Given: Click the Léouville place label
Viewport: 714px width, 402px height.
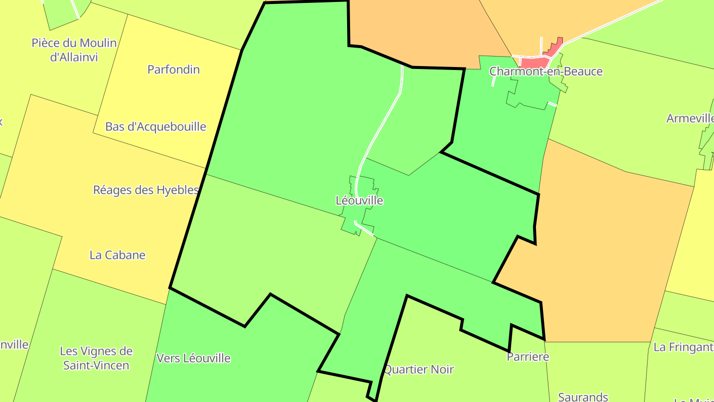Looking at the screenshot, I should pyautogui.click(x=359, y=201).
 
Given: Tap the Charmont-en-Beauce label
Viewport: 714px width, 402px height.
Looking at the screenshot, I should pyautogui.click(x=546, y=71).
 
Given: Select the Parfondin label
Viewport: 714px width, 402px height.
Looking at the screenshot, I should pyautogui.click(x=174, y=69).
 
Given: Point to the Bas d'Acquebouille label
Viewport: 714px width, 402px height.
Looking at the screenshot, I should pyautogui.click(x=156, y=127).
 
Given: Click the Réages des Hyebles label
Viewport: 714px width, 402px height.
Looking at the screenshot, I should pyautogui.click(x=146, y=190).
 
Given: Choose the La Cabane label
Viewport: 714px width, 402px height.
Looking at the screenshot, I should pyautogui.click(x=118, y=255).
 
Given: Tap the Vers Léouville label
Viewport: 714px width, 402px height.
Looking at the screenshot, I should pyautogui.click(x=193, y=358).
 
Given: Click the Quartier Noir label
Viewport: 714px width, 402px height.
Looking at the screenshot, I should pyautogui.click(x=419, y=369).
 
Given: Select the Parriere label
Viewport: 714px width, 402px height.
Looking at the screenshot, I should pyautogui.click(x=528, y=357).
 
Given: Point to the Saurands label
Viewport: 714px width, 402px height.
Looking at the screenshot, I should pyautogui.click(x=583, y=397).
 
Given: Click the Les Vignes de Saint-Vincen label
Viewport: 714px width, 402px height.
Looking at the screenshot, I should pyautogui.click(x=96, y=358).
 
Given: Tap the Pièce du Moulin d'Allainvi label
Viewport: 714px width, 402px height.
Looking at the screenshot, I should pyautogui.click(x=74, y=50).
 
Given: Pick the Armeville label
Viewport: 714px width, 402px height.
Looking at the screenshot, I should pyautogui.click(x=690, y=119).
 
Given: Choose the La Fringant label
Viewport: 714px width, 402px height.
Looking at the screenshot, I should pyautogui.click(x=683, y=347).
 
